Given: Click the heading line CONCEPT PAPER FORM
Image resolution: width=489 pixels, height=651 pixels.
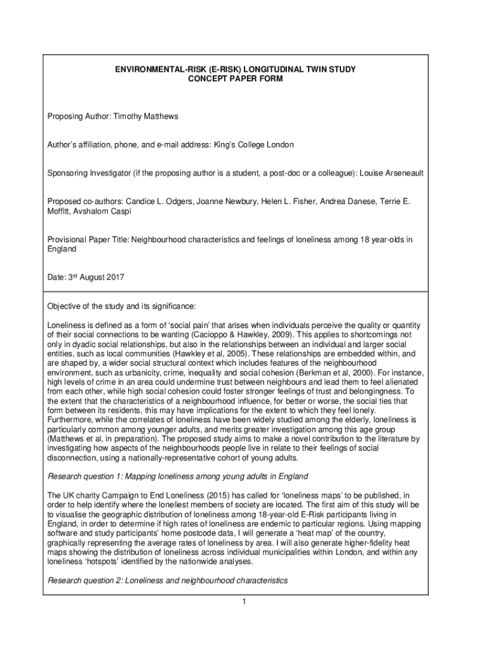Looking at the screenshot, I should tap(244, 79).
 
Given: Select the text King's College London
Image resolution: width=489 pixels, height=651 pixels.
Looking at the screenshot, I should tap(253, 145).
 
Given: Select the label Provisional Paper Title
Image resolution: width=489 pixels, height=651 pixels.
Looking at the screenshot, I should tap(84, 240).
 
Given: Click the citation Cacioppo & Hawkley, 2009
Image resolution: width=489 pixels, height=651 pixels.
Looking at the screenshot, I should tap(285, 334).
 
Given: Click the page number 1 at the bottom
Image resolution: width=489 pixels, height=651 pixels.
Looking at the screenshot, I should tap(243, 602).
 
